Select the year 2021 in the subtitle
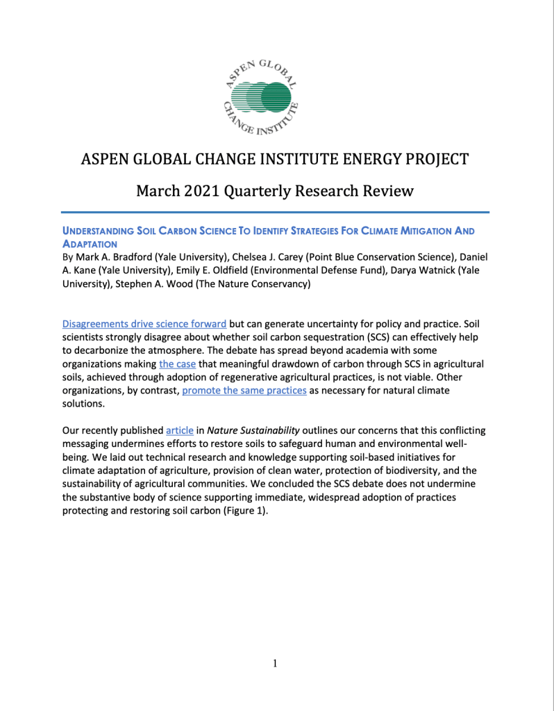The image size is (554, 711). coord(199,190)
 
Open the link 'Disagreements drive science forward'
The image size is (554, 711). coord(144,324)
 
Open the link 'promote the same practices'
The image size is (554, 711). coord(244,390)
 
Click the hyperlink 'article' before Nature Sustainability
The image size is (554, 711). coord(180,430)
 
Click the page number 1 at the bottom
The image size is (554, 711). coord(275,664)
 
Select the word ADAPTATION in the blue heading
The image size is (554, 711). coord(91,244)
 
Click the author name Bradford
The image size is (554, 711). coord(125,257)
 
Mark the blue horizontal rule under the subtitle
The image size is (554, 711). coord(275,212)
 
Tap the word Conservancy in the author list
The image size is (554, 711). coord(271,284)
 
